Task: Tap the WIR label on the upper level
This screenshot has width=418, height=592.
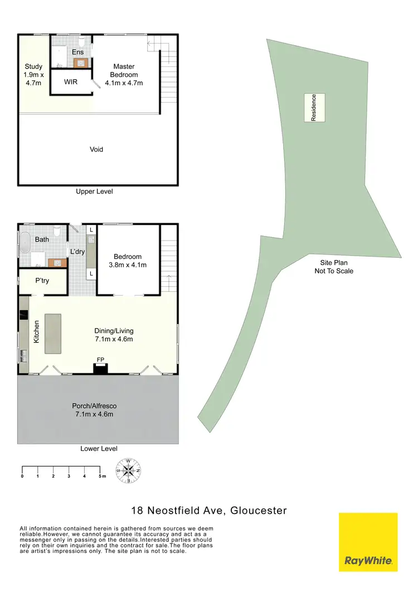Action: click(71, 82)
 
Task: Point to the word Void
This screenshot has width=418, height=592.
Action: click(96, 150)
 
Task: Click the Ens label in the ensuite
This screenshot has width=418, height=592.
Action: click(78, 52)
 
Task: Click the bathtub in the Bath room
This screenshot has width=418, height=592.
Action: click(25, 244)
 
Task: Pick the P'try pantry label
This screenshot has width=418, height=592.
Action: click(42, 281)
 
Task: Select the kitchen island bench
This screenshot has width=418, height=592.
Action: click(54, 334)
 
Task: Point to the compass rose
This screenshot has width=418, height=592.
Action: click(128, 470)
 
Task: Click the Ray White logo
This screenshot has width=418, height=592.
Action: click(368, 542)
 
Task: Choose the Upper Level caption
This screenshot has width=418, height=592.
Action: click(94, 191)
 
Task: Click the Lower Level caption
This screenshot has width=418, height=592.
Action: click(99, 449)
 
